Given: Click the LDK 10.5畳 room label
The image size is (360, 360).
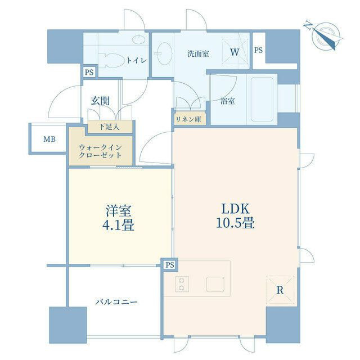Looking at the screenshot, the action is (x=235, y=216).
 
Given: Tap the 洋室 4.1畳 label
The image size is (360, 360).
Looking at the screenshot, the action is (x=119, y=218).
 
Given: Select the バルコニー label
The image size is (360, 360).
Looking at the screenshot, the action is (x=116, y=301).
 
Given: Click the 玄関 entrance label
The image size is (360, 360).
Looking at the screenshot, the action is (x=100, y=101).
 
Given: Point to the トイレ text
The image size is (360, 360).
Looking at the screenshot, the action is (x=137, y=61).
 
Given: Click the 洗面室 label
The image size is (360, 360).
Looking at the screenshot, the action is (x=198, y=54).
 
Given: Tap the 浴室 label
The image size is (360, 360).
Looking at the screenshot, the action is (x=227, y=101).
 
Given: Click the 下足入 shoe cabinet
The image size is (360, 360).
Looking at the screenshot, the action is (x=110, y=127).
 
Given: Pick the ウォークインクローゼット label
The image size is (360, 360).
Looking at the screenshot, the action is (x=100, y=151).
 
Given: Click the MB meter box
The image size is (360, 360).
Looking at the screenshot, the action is (x=49, y=139).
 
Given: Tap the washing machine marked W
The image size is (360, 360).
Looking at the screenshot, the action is (x=235, y=51).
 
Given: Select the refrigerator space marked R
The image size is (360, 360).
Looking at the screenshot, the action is (x=280, y=290).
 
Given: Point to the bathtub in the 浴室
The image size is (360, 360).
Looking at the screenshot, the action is (x=262, y=99).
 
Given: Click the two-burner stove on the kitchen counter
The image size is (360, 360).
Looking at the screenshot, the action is (x=182, y=283).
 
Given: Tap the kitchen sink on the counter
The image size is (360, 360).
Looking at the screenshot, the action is (x=215, y=284).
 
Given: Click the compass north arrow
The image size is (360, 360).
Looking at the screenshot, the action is (x=323, y=35).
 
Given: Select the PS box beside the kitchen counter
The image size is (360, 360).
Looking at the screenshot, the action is (x=170, y=265).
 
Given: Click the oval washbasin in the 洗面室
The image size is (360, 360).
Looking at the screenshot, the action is (x=165, y=53).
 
